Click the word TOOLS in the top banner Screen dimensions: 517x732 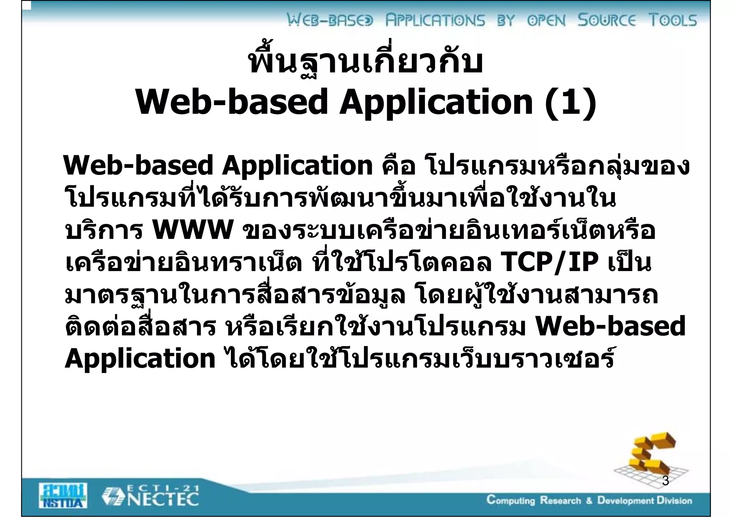pos(673,20)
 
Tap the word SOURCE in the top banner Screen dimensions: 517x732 pos(607,20)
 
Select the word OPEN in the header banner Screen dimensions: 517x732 pos(546,20)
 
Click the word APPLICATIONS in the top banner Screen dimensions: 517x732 pos(435,20)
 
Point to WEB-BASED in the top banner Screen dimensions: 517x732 pos(330,20)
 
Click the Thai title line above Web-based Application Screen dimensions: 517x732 pos(366,62)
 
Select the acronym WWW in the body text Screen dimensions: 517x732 pos(193,230)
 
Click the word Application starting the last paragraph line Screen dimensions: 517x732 pos(140,359)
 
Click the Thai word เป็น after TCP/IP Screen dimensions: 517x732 pos(629,262)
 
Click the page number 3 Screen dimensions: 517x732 pos(666,481)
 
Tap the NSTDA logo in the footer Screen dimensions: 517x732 pos(63,495)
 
